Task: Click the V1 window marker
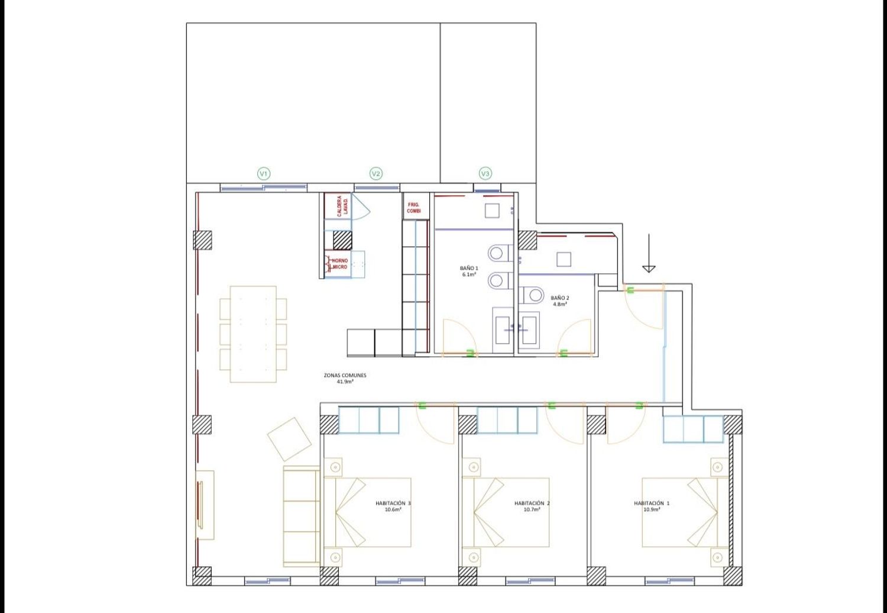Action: tap(264, 173)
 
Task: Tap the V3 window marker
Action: tap(485, 173)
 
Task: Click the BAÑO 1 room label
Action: tap(469, 271)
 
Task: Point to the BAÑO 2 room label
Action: tap(560, 301)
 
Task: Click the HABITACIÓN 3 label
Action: tap(393, 503)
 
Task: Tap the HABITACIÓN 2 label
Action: tap(532, 503)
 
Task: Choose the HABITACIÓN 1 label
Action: tap(652, 503)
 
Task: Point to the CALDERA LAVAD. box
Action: tap(338, 206)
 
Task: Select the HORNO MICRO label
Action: tap(340, 264)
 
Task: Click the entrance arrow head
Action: tap(649, 269)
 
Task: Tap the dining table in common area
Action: tap(253, 334)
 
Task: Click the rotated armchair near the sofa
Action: tap(289, 439)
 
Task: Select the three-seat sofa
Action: tap(302, 517)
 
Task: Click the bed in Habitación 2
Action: tap(506, 512)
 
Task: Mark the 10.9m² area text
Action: tap(652, 509)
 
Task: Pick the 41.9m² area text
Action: tap(345, 382)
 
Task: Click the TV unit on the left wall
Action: tap(205, 505)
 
